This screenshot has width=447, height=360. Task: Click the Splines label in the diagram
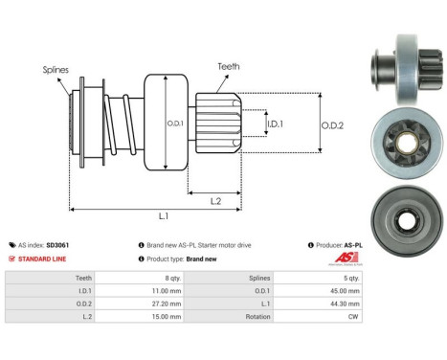coord(55,70)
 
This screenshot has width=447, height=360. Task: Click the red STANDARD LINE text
coord(41,259)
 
